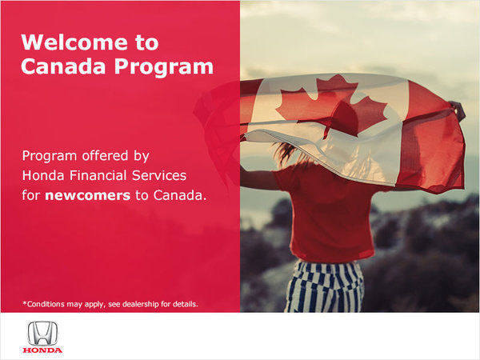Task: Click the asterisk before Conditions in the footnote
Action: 24,302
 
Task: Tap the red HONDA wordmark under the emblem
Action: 42,350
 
